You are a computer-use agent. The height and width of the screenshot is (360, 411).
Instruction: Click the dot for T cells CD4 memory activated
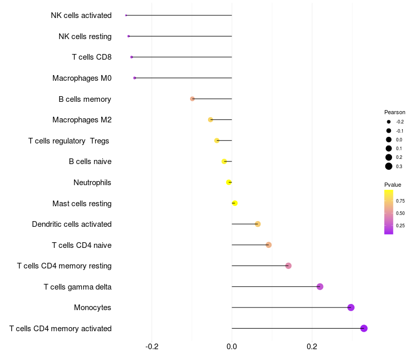pyautogui.click(x=364, y=328)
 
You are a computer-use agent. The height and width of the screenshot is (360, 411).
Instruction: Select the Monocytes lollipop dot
pyautogui.click(x=351, y=307)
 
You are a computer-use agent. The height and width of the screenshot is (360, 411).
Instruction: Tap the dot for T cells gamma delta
pyautogui.click(x=320, y=286)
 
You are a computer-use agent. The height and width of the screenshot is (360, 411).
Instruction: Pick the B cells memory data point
pyautogui.click(x=192, y=99)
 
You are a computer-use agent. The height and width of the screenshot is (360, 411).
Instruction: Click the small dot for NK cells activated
pyautogui.click(x=126, y=15)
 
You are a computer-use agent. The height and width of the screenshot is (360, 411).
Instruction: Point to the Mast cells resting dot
pyautogui.click(x=235, y=203)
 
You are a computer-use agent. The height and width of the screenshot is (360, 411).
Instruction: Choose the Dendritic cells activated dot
pyautogui.click(x=258, y=224)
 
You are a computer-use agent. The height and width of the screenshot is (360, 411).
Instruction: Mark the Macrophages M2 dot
pyautogui.click(x=211, y=120)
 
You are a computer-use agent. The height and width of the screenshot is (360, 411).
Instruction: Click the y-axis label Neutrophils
pyautogui.click(x=92, y=183)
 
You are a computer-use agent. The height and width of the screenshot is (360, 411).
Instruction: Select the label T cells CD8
pyautogui.click(x=92, y=57)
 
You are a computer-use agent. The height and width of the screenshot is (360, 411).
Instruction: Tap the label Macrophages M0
pyautogui.click(x=82, y=78)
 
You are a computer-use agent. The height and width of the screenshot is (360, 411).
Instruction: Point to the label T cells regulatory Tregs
pyautogui.click(x=69, y=141)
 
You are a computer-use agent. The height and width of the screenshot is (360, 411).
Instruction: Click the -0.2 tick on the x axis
pyautogui.click(x=152, y=347)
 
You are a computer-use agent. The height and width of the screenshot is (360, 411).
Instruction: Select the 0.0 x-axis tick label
pyautogui.click(x=232, y=347)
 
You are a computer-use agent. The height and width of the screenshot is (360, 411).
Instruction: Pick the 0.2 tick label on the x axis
pyautogui.click(x=312, y=347)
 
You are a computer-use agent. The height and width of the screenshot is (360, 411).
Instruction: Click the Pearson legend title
pyautogui.click(x=395, y=112)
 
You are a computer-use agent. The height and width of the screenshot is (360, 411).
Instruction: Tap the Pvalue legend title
pyautogui.click(x=393, y=185)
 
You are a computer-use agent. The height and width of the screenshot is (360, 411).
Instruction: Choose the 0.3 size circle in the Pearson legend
pyautogui.click(x=389, y=166)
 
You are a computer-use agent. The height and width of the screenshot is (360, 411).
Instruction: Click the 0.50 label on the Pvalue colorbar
pyautogui.click(x=400, y=213)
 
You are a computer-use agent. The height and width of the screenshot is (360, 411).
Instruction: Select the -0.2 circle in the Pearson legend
pyautogui.click(x=389, y=122)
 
